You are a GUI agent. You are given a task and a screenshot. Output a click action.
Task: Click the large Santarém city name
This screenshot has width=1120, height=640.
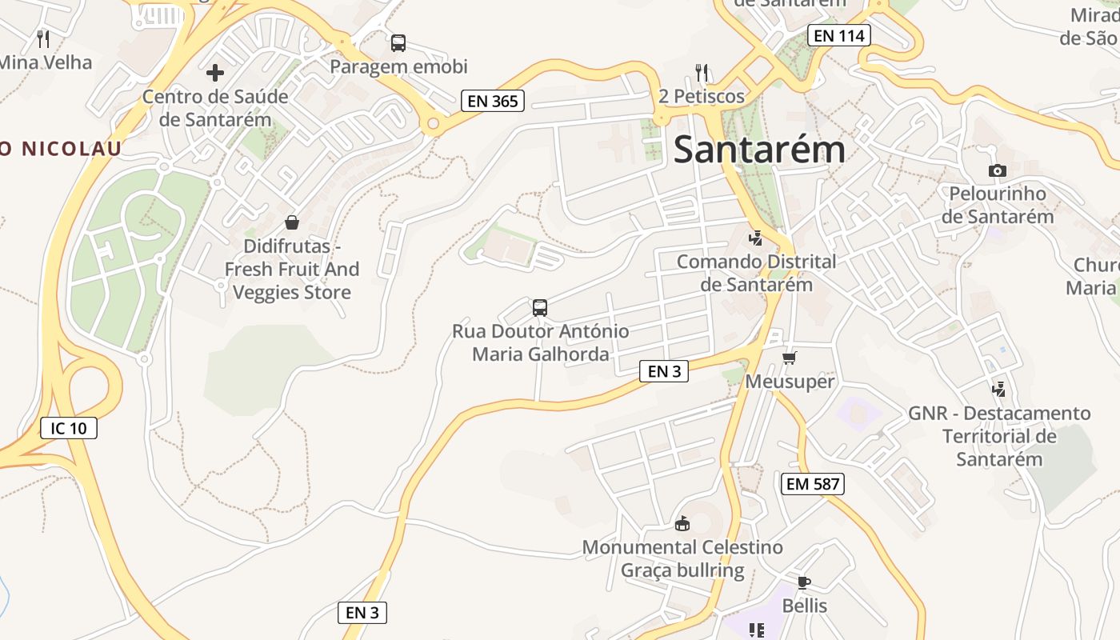[x=758, y=150]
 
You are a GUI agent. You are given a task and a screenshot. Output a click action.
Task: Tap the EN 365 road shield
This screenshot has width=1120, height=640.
[x=493, y=101]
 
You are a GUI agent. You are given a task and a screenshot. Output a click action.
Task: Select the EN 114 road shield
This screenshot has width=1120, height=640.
[x=838, y=35]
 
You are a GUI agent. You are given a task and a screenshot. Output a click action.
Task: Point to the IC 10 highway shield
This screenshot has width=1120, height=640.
[x=68, y=428]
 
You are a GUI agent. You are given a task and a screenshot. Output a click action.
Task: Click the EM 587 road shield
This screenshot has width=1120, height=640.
[x=812, y=483]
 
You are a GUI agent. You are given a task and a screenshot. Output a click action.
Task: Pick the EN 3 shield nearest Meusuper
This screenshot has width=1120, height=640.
[x=664, y=371]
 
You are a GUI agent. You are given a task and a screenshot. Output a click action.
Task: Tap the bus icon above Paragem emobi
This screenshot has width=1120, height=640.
[x=398, y=43]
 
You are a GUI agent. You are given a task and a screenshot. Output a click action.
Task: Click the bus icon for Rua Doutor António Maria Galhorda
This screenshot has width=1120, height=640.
[x=540, y=308]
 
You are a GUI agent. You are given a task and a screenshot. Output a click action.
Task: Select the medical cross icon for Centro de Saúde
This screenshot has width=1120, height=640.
[x=214, y=74]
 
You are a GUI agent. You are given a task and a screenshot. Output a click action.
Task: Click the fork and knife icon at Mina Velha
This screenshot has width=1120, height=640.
[x=43, y=38]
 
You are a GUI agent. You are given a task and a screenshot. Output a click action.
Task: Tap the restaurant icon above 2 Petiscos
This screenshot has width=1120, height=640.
[x=702, y=73]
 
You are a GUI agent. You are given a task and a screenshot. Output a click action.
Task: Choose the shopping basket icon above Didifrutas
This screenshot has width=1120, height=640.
[x=292, y=222]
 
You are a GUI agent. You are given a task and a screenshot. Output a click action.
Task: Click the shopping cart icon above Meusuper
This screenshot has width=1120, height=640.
[x=790, y=358]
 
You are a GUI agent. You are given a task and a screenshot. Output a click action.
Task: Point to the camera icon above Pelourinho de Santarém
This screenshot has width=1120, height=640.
[x=997, y=170]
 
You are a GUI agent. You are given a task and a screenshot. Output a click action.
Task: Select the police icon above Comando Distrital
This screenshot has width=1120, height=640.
[x=755, y=238]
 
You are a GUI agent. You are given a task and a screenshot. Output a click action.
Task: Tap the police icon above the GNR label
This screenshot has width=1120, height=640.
[x=998, y=390]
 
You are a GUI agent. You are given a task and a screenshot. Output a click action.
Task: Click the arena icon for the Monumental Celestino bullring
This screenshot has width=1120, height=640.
[x=682, y=524]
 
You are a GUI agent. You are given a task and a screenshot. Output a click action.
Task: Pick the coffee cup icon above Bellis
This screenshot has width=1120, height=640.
[x=804, y=582]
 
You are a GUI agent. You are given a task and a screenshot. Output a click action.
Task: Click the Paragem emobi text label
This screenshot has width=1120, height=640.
[x=398, y=66]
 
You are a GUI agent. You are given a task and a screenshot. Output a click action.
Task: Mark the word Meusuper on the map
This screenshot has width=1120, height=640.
[x=790, y=382]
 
